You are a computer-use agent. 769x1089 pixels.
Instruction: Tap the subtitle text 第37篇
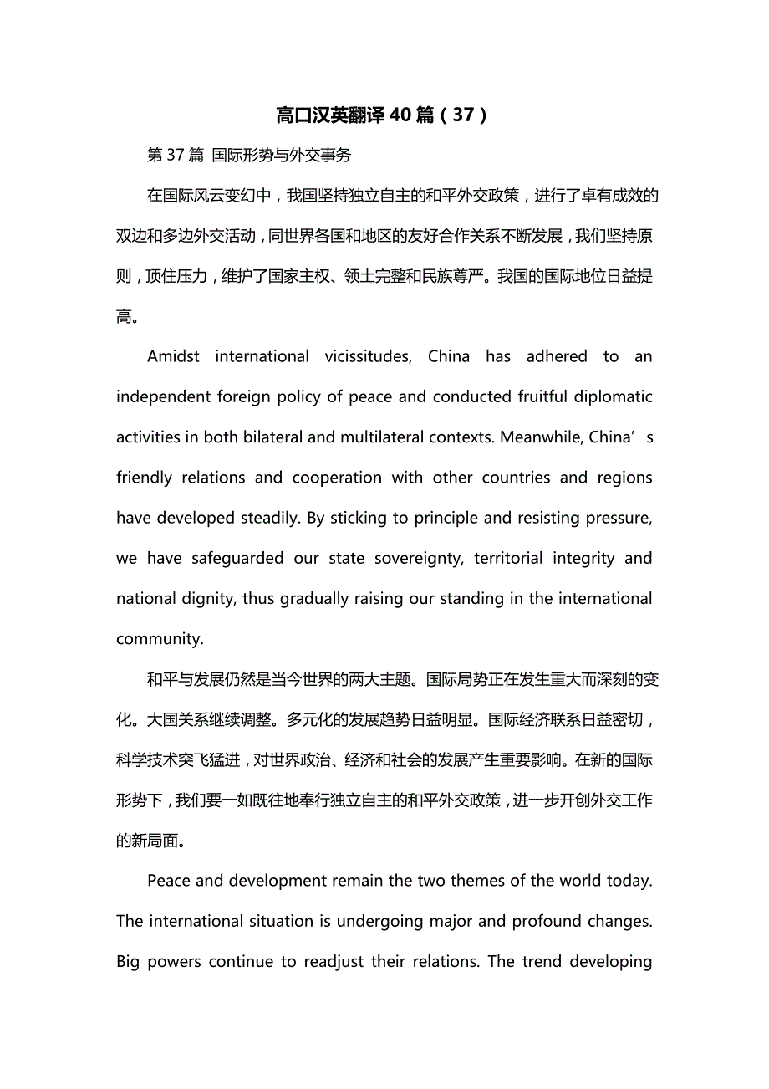176,155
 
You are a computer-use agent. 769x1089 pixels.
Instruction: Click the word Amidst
174,357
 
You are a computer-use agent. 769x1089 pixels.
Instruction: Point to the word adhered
557,357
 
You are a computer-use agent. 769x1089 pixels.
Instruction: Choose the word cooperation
337,478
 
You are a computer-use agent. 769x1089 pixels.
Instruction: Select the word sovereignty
416,559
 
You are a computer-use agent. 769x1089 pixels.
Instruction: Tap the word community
160,639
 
